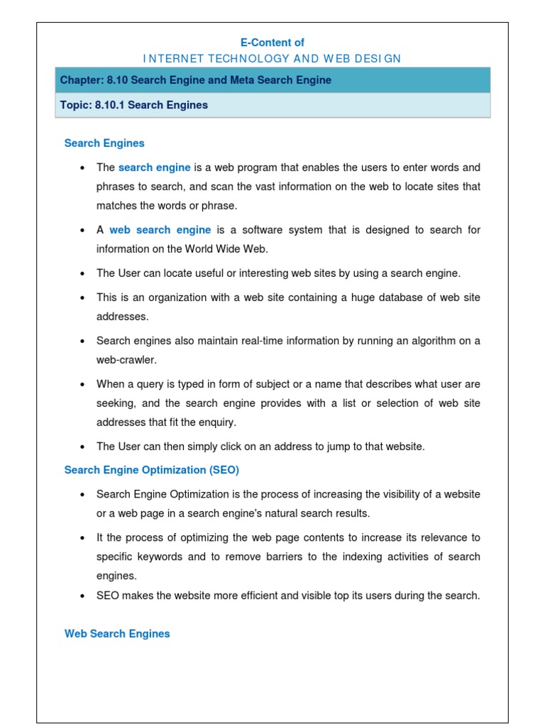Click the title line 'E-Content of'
point(272,43)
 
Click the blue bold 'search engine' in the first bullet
point(154,168)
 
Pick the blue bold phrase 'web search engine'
point(160,230)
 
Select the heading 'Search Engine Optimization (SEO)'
point(152,470)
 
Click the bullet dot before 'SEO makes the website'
point(83,596)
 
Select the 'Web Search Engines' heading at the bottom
point(117,633)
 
